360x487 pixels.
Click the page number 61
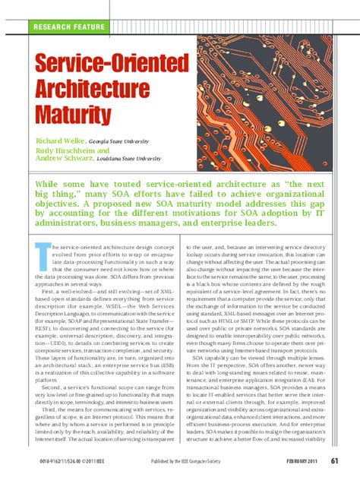333,480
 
